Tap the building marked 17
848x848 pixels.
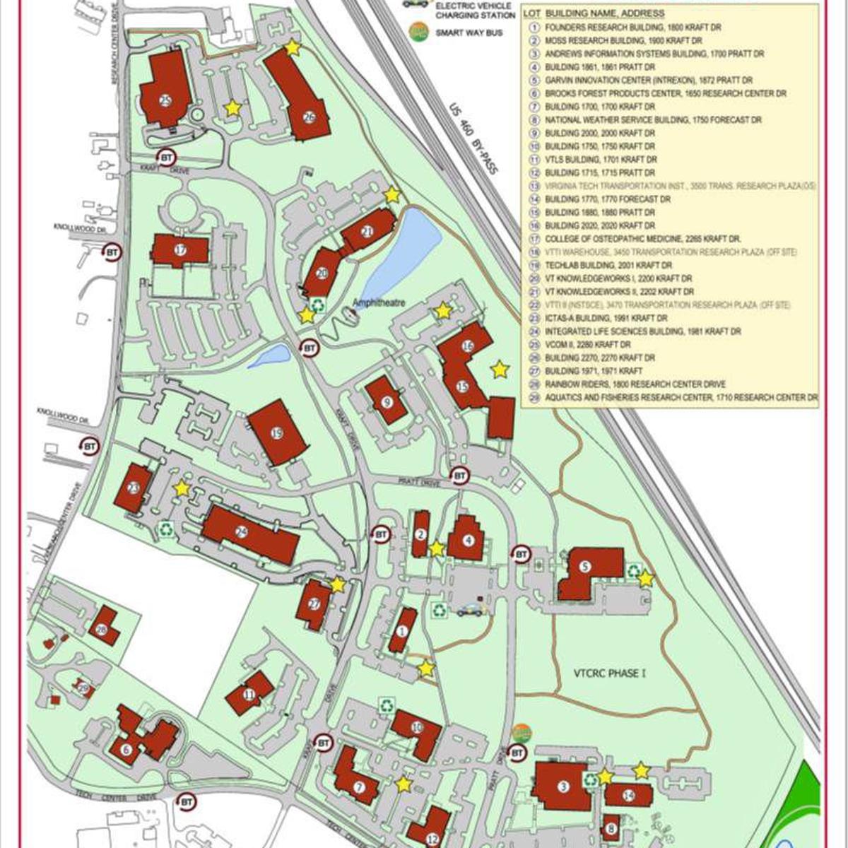click(180, 250)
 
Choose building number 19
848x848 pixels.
click(277, 432)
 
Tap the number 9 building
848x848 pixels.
click(386, 401)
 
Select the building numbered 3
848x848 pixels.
click(563, 786)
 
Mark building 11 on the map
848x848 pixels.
click(249, 693)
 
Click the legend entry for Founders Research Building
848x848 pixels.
click(633, 28)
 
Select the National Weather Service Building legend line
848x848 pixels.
click(653, 120)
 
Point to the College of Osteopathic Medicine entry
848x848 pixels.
click(642, 239)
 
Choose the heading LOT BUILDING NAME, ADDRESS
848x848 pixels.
click(594, 13)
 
